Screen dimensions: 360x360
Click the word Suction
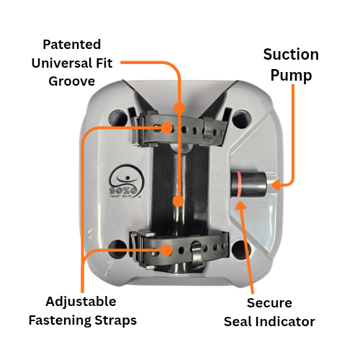click(290, 55)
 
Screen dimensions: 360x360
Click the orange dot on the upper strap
click(167, 127)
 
